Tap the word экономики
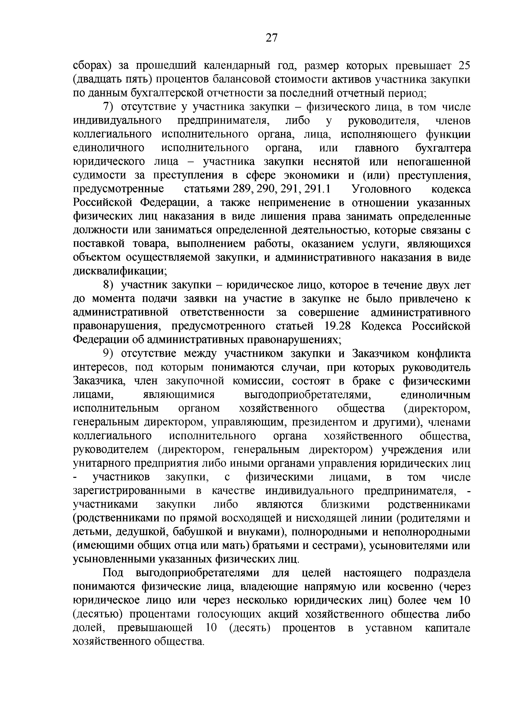[x=312, y=176]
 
